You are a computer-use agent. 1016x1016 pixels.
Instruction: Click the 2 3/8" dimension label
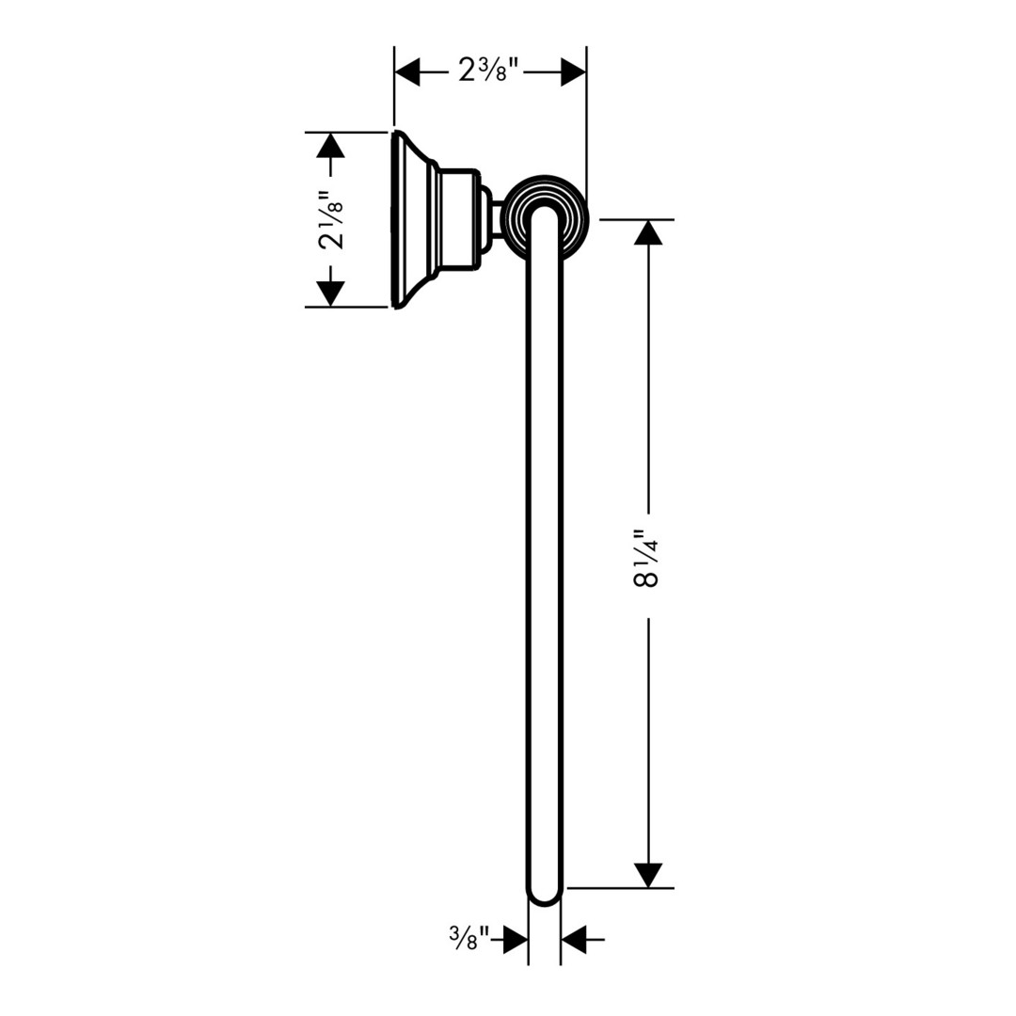489,70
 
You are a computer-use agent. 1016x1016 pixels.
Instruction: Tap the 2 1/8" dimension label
330,219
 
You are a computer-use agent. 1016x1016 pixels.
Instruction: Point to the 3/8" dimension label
468,938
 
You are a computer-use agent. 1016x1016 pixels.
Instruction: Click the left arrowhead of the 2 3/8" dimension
407,71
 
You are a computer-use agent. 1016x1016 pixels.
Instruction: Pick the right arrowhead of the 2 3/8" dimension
574,71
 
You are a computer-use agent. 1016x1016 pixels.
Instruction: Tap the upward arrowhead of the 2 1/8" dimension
330,145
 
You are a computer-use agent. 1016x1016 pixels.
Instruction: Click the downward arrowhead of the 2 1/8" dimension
330,294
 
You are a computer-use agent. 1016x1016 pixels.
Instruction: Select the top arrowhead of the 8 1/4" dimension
648,232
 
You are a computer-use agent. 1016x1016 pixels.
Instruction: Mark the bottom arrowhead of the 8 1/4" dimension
648,875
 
